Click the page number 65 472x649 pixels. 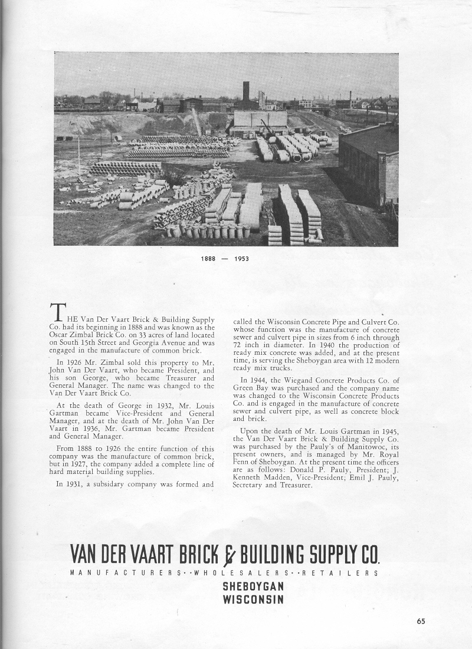pos(421,620)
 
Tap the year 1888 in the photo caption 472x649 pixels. pos(208,259)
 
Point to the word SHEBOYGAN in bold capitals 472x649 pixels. pos(254,587)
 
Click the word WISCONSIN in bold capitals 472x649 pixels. pos(254,599)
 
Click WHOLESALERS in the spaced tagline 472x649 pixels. pos(233,572)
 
